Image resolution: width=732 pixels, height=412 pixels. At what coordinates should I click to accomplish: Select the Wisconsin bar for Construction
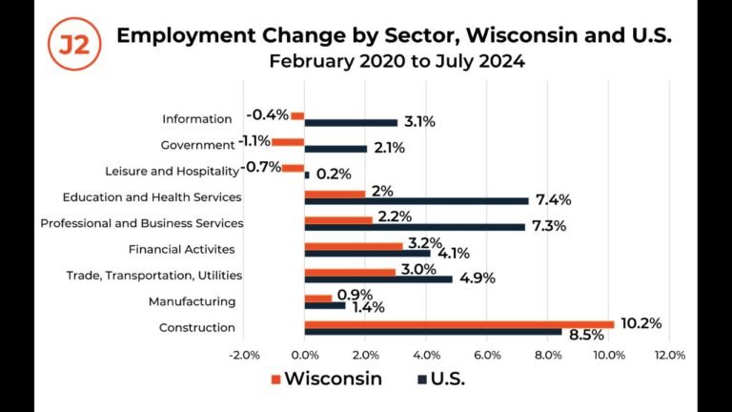click(x=458, y=323)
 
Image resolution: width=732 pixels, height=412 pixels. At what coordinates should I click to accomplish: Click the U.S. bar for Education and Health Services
click(x=416, y=200)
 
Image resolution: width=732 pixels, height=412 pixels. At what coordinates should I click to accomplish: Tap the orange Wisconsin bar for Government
click(x=287, y=141)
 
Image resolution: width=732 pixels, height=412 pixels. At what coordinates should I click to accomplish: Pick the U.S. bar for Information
click(x=350, y=122)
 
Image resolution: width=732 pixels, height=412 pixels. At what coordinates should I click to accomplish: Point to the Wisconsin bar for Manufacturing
click(x=317, y=298)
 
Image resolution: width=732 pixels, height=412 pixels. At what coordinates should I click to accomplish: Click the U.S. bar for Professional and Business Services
click(x=414, y=227)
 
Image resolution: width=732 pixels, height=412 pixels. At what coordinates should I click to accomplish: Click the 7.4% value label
click(x=553, y=199)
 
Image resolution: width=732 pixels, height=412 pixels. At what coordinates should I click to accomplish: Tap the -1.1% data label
click(x=254, y=141)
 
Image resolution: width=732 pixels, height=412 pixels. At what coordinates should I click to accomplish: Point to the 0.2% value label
click(x=334, y=174)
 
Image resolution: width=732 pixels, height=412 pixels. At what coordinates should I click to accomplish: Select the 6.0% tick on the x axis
click(x=487, y=356)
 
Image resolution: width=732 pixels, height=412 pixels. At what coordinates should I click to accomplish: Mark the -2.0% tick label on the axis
click(x=244, y=356)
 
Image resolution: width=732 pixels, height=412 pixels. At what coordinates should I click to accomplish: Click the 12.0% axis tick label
click(x=670, y=356)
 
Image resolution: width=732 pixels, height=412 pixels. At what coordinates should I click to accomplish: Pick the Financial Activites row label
click(x=181, y=250)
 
